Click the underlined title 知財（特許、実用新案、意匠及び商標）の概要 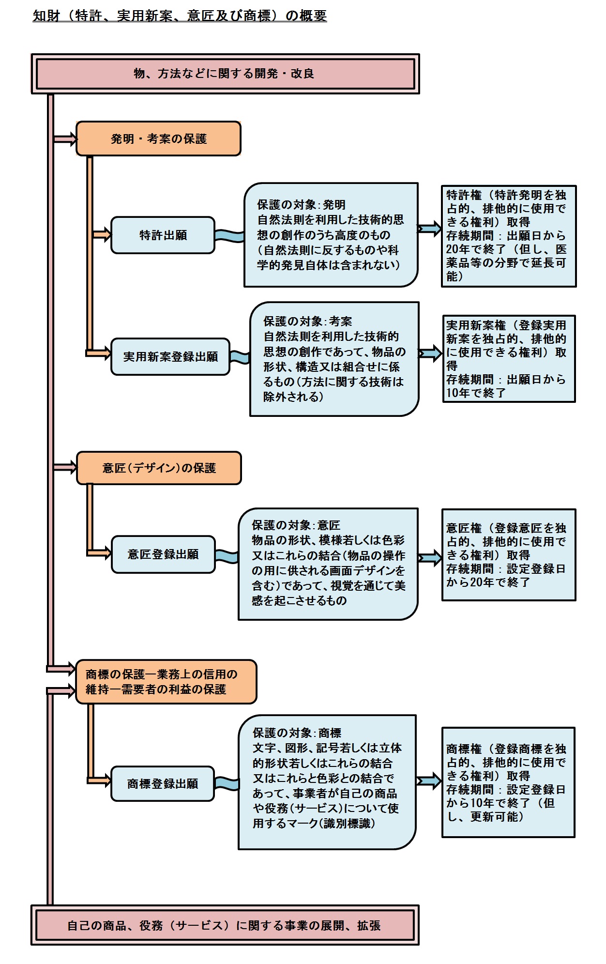pos(180,16)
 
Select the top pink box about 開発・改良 pos(225,74)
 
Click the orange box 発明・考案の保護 pos(158,139)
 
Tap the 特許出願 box pos(163,235)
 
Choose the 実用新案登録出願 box pos(170,357)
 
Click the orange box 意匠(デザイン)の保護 pos(159,468)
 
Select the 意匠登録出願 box pos(163,554)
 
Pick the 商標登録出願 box pos(163,784)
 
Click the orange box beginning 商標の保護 pos(166,682)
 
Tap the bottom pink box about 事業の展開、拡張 pos(225,925)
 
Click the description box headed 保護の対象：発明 pos(331,235)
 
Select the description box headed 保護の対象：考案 pos(334,359)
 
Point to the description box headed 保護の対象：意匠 pos(328,564)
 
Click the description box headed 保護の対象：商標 pos(327,781)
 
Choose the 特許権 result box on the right pos(508,236)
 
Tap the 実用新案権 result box pos(509,359)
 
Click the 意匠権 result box pos(508,555)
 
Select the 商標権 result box pos(508,782)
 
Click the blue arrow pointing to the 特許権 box pos(429,229)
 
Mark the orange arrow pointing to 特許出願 pos(102,235)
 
